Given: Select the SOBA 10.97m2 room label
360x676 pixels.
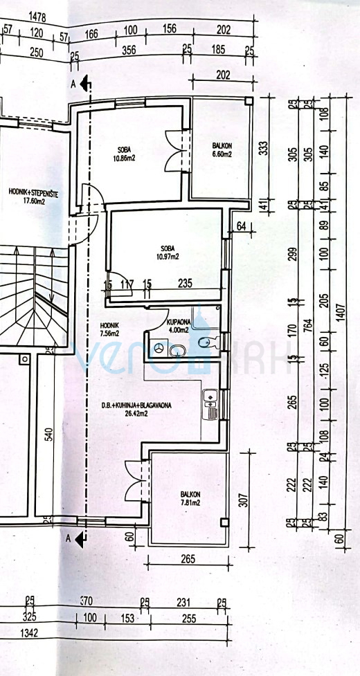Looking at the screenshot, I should pyautogui.click(x=167, y=252).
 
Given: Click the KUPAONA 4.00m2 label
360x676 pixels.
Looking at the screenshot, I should pyautogui.click(x=179, y=327).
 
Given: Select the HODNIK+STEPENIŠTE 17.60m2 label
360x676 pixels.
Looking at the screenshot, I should pyautogui.click(x=33, y=197).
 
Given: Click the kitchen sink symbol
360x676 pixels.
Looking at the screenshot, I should pyautogui.click(x=210, y=398).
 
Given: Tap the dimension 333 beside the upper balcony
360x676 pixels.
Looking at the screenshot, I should pyautogui.click(x=262, y=150).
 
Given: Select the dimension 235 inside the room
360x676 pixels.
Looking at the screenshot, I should pyautogui.click(x=185, y=284).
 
